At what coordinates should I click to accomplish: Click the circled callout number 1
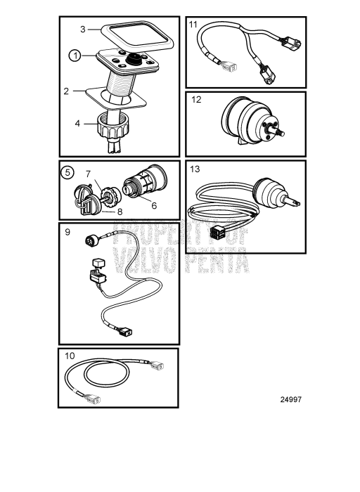[75, 56]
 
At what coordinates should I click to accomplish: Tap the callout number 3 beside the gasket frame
[82, 30]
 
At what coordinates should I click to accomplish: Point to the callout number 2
[66, 91]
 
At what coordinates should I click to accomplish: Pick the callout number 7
[88, 174]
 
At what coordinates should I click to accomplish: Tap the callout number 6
[154, 205]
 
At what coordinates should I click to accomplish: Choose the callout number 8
[120, 212]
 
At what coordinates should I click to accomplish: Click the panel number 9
[67, 232]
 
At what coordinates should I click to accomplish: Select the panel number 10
[70, 356]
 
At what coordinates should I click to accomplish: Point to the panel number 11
[193, 24]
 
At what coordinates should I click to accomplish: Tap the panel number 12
[196, 100]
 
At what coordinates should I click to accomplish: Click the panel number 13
[195, 169]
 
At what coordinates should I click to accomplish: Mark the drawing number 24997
[291, 399]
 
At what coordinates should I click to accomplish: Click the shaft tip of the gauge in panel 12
[282, 134]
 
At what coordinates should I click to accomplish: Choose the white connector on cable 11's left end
[231, 67]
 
